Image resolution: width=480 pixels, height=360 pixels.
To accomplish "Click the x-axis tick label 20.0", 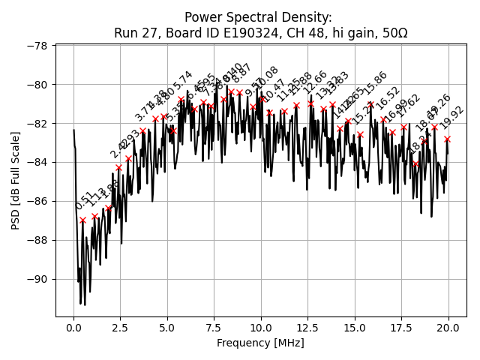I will (449, 328).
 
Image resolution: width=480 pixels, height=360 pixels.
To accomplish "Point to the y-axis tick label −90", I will (37, 279).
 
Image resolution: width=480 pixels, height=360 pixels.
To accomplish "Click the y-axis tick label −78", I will (37, 46).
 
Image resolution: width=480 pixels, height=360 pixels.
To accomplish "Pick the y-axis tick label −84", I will (37, 162).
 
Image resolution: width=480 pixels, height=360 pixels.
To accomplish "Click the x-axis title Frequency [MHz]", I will (261, 343).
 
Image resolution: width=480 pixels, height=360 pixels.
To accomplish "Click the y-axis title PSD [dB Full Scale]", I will (15, 180).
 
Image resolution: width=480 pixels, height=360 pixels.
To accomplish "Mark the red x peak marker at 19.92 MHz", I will (447, 139).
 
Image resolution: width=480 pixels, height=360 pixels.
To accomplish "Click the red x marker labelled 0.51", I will (82, 220).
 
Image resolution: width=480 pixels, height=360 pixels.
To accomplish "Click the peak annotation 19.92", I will (453, 117).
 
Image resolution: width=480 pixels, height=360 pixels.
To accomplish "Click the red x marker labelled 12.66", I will (310, 103).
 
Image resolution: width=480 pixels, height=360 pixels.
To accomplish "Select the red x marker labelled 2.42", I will (118, 167).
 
